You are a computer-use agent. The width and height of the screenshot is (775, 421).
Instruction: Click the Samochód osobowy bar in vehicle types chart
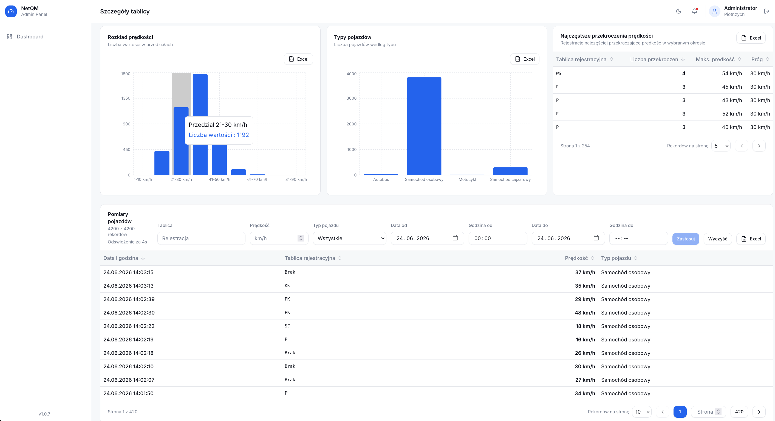coord(424,126)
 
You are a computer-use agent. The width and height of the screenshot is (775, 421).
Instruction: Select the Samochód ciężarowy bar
coord(510,171)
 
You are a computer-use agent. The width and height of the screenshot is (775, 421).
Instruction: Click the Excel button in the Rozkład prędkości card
coord(298,59)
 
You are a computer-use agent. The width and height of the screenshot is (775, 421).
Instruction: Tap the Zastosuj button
coord(686,239)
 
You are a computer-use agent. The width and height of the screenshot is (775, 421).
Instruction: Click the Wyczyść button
coord(717,239)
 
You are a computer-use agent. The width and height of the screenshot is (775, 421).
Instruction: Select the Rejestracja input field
coord(201,238)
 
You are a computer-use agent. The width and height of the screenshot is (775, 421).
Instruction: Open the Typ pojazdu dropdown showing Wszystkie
coord(350,238)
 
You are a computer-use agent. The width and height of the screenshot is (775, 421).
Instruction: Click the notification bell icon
coord(694,11)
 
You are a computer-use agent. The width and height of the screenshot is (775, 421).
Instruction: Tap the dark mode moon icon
coord(678,11)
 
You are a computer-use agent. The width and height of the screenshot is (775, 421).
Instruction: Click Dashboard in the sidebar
coord(30,37)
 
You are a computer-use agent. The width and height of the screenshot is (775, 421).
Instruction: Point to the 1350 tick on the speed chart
coord(126,98)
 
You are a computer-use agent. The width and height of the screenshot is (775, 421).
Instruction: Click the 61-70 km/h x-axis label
coord(258,179)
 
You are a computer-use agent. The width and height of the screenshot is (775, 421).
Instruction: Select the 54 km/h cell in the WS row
coord(732,73)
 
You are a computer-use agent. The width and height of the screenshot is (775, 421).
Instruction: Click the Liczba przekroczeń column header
coord(654,59)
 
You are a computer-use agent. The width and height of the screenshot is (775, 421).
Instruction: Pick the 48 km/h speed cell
coord(585,313)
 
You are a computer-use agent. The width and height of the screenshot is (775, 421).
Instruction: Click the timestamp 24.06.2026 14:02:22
coord(129,326)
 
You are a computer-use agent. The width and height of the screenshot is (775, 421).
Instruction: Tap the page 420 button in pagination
coord(739,412)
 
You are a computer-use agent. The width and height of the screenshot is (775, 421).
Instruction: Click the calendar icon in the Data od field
coord(455,238)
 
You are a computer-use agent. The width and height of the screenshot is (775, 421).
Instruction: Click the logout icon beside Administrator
coord(766,11)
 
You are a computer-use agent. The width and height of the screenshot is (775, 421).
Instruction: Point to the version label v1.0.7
coord(44,414)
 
